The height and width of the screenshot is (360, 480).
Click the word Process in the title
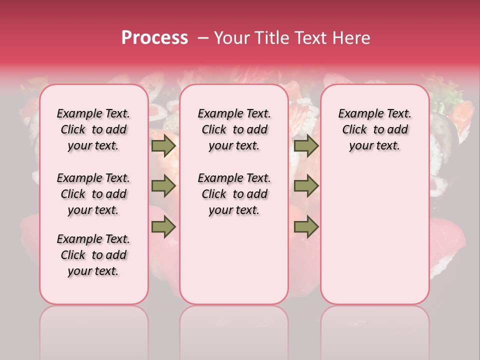(x=154, y=37)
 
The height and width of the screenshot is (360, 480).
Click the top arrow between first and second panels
(x=163, y=145)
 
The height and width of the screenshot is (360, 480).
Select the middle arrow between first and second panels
(x=163, y=186)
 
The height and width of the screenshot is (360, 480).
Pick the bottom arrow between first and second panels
(x=163, y=227)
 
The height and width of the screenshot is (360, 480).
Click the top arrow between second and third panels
(x=306, y=145)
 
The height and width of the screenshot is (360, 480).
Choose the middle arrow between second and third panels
(x=306, y=186)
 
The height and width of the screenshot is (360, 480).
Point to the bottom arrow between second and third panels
(x=306, y=227)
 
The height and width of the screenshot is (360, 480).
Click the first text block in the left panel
(x=93, y=129)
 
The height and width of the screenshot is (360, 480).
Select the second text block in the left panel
(x=93, y=194)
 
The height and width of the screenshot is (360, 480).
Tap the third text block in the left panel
(x=93, y=255)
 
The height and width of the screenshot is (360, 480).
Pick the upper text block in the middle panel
(x=234, y=129)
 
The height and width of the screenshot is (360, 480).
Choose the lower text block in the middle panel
(x=234, y=194)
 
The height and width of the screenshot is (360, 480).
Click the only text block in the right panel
(x=374, y=129)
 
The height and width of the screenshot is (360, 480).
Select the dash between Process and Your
(x=202, y=37)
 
